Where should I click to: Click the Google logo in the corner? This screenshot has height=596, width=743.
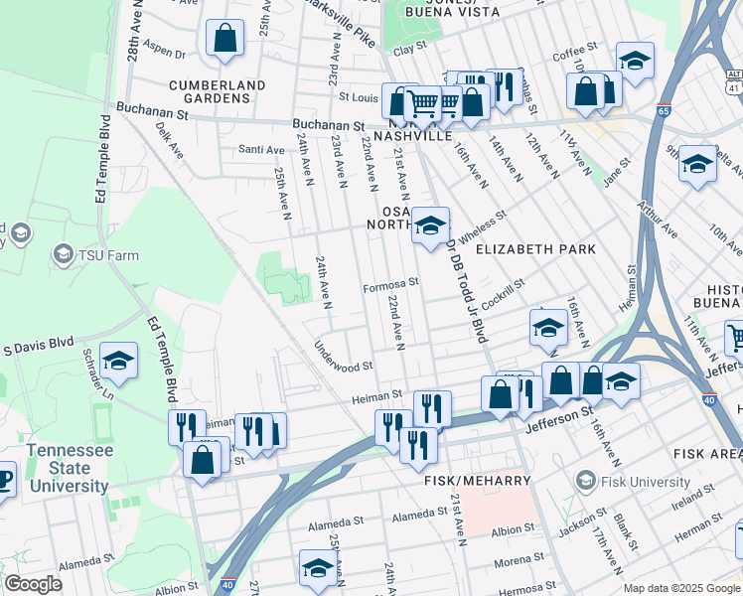(x=33, y=584)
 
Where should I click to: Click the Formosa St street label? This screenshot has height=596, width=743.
(x=391, y=282)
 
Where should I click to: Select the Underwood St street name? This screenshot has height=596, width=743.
(x=343, y=356)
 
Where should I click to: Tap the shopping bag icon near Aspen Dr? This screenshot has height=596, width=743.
(x=225, y=39)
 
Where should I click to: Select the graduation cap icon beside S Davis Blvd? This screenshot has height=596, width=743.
(x=118, y=361)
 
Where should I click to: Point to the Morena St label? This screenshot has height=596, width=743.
(x=517, y=561)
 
